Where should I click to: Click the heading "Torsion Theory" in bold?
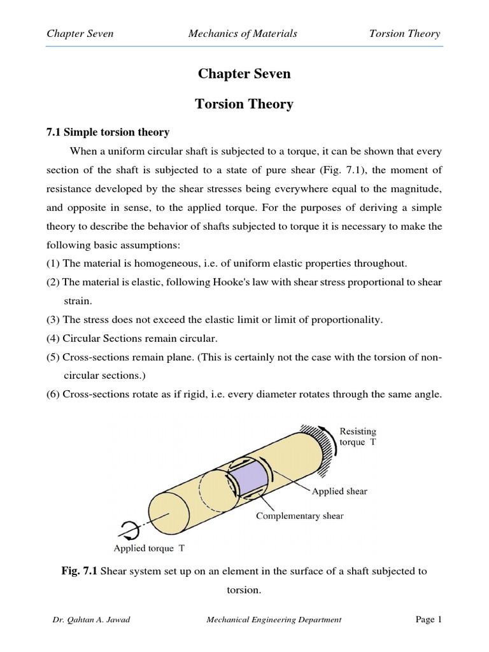coord(244,104)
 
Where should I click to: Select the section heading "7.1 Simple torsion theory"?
coord(107,132)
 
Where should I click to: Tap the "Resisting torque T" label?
coord(358,437)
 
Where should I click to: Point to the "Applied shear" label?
coord(339,491)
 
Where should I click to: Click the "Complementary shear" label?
coord(299,516)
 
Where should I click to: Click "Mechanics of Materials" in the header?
coord(243,34)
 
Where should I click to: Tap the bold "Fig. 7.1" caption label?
coord(78,571)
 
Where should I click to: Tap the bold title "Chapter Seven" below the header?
coord(244,74)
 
